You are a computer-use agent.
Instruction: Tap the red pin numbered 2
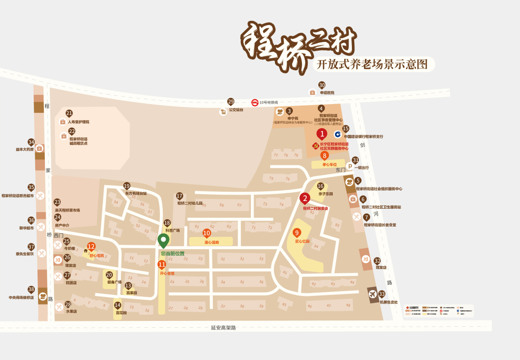pyautogui.click(x=305, y=198)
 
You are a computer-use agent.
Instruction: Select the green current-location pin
pyautogui.click(x=164, y=240)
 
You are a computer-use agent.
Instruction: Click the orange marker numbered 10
pyautogui.click(x=207, y=233)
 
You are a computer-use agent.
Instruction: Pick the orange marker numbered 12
pyautogui.click(x=91, y=247)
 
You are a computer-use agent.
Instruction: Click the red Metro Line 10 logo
pyautogui.click(x=255, y=102)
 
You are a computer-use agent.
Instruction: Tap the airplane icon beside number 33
pyautogui.click(x=372, y=294)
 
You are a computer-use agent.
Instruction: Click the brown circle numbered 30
pyautogui.click(x=322, y=85)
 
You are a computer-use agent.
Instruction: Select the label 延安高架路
pyautogui.click(x=223, y=328)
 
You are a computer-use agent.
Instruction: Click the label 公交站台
pyautogui.click(x=236, y=109)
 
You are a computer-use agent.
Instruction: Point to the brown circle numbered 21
pyautogui.click(x=69, y=113)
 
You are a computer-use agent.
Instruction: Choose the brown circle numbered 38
pyautogui.click(x=31, y=290)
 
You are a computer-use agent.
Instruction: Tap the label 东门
pyautogui.click(x=340, y=170)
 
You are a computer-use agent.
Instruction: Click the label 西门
pyautogui.click(x=59, y=235)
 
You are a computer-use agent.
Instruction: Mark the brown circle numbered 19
pyautogui.click(x=127, y=186)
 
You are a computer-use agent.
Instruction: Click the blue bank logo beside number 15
pyautogui.click(x=338, y=134)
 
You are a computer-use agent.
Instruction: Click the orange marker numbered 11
pyautogui.click(x=162, y=265)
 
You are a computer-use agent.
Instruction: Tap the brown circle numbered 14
pyautogui.click(x=117, y=305)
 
